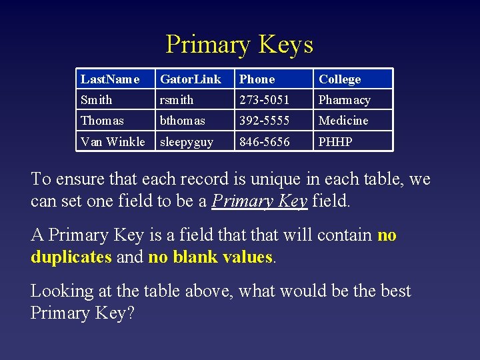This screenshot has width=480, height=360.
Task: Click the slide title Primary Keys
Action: click(239, 45)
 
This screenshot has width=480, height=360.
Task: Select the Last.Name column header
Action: click(110, 79)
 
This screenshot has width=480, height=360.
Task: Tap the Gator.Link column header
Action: click(190, 79)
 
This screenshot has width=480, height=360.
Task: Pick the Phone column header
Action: click(257, 79)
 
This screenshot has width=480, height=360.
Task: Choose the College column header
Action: click(339, 79)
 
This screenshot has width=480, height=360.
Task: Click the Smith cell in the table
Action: click(97, 100)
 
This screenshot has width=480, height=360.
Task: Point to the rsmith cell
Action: click(177, 100)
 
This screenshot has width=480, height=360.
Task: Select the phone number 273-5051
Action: click(264, 100)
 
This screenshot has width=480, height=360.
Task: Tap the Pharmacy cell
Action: click(344, 100)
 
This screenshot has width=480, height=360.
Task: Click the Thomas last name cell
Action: click(102, 121)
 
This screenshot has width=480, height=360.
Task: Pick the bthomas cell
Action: click(183, 121)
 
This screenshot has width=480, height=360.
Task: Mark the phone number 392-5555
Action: click(264, 121)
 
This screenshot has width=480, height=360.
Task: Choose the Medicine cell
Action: click(343, 121)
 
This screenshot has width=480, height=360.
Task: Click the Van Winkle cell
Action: click(113, 142)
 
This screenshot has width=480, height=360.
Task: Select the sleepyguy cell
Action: click(187, 142)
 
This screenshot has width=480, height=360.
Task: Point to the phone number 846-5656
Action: click(264, 142)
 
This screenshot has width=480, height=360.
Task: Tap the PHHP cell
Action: click(335, 142)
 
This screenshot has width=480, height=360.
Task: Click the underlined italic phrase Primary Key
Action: click(259, 201)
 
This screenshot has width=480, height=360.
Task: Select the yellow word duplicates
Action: click(71, 257)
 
